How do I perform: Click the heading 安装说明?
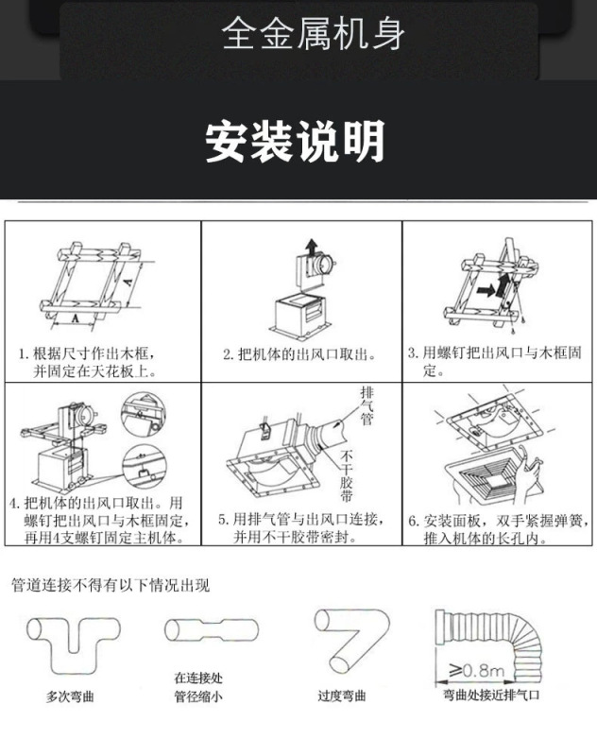click(296, 143)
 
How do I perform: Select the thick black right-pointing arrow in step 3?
click(486, 291)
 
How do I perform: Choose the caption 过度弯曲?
click(341, 697)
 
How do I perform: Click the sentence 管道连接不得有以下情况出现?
click(111, 585)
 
